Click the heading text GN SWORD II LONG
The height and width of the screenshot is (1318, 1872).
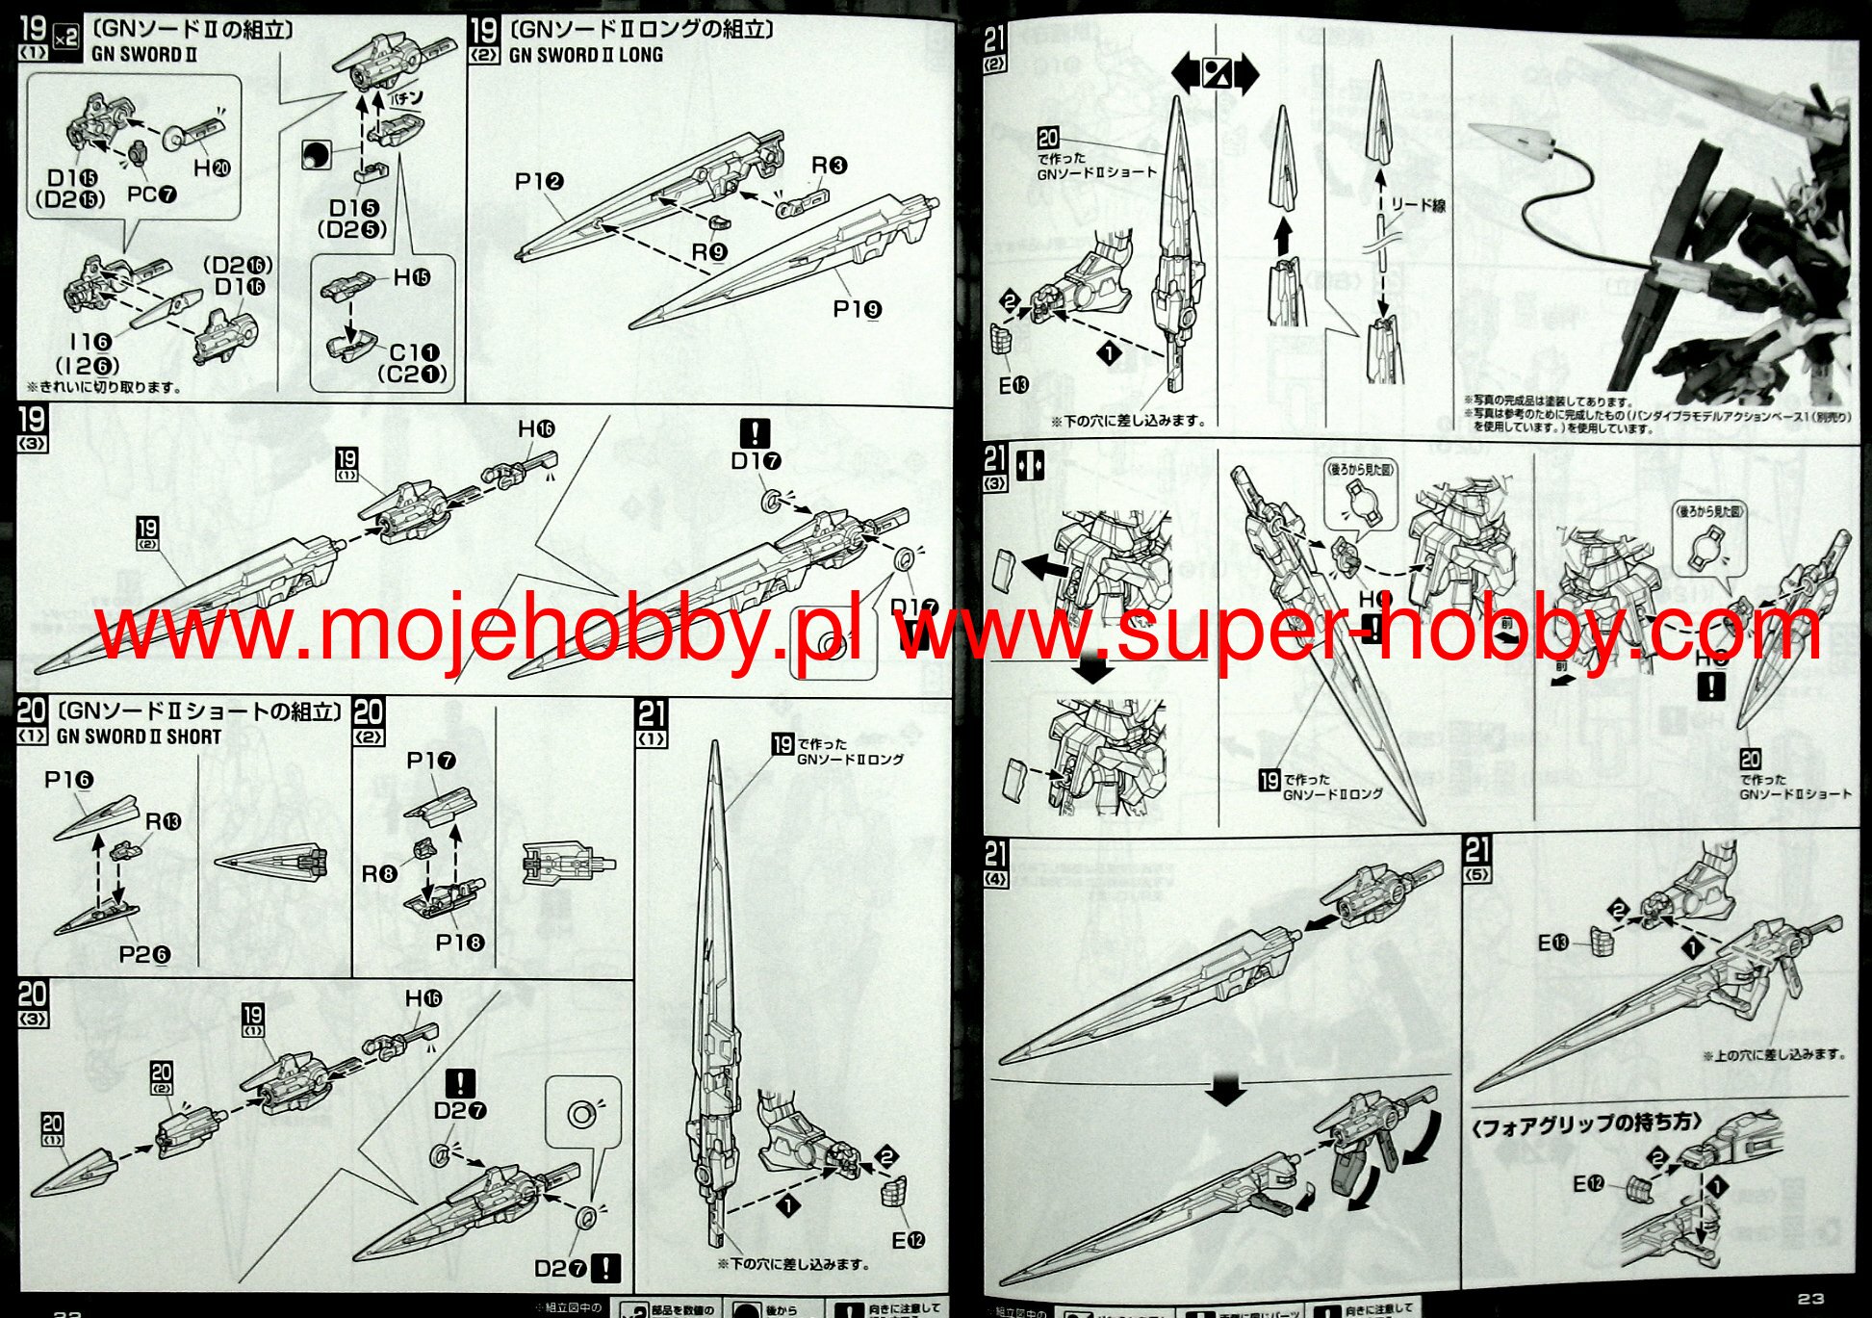tap(585, 56)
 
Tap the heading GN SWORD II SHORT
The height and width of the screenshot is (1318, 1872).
tap(139, 737)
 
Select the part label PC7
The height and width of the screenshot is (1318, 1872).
tap(152, 194)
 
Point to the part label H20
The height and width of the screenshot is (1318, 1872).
tap(212, 168)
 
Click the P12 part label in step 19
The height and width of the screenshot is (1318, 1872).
tap(539, 181)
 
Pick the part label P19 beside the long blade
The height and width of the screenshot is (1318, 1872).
tap(857, 310)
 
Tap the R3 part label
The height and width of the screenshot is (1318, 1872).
tap(828, 166)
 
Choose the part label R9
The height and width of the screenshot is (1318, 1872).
tap(709, 252)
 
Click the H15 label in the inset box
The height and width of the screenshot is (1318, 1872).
tap(411, 278)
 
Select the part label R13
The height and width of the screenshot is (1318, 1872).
tap(163, 822)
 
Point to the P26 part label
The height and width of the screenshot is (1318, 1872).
tap(144, 954)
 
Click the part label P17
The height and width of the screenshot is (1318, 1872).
tap(430, 762)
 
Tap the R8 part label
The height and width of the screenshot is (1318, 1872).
tap(378, 873)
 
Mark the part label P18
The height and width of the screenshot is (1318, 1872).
tap(459, 943)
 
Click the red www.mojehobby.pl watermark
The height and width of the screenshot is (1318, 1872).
tap(476, 631)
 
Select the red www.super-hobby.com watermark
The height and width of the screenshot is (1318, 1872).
tap(1357, 631)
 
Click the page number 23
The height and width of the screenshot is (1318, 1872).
tap(1809, 1300)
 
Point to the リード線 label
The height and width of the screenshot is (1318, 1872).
tap(1418, 205)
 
